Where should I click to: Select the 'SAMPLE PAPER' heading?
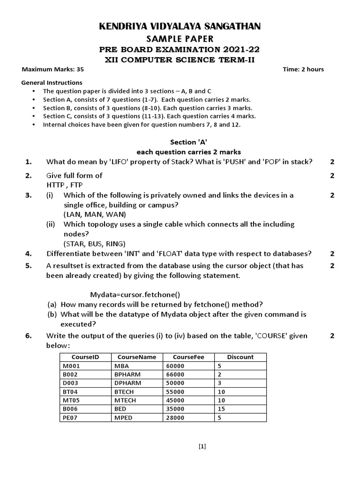coord(180,38)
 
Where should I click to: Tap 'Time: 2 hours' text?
coord(303,69)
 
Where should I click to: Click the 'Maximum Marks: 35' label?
coord(53,69)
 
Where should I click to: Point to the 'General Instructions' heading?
coord(52,82)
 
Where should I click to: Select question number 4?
coord(29,254)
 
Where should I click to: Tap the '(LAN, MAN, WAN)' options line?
coord(95,214)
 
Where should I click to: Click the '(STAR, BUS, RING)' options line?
coord(95,243)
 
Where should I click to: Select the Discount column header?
coord(240,357)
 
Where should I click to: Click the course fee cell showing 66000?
coord(176,375)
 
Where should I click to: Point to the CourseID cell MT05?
coord(70,400)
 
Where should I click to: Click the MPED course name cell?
coord(122,417)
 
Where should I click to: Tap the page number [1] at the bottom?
coord(202,446)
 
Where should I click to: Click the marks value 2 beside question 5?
coord(332,266)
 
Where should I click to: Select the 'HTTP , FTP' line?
coord(64,185)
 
